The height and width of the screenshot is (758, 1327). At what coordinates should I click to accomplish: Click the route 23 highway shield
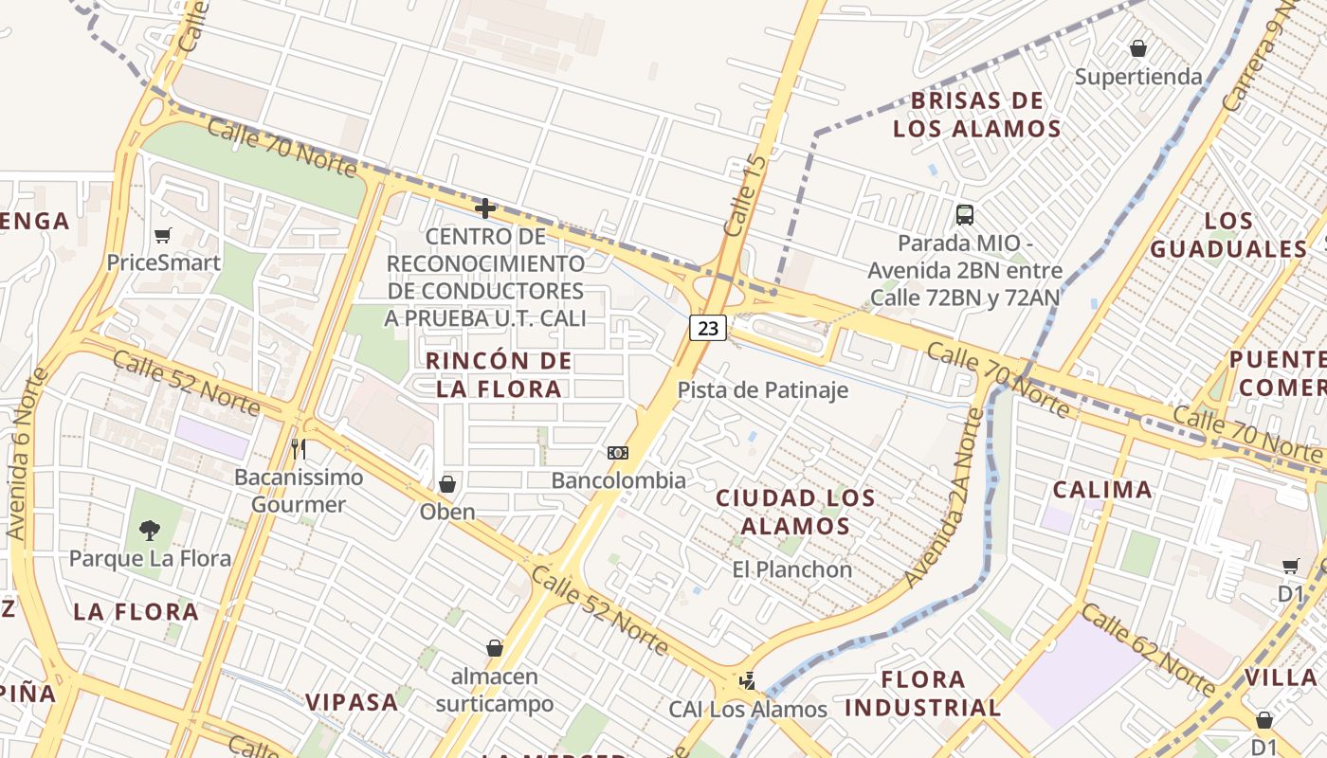(707, 328)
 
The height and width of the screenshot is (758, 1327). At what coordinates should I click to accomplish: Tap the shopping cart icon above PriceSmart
(163, 235)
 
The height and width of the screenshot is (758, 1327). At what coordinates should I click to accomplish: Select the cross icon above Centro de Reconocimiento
(485, 208)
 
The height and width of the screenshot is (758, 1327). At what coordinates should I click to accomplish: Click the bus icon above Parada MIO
(965, 215)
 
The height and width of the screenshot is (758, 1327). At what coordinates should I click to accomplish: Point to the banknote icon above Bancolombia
(618, 453)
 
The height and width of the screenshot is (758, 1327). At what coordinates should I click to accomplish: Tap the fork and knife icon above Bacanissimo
(299, 448)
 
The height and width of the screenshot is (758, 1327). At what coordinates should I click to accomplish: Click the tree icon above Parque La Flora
(149, 531)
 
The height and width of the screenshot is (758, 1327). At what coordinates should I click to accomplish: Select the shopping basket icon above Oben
(447, 484)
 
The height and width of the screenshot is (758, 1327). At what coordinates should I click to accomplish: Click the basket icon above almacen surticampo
(494, 648)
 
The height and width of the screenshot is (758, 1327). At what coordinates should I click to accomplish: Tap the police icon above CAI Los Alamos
(749, 680)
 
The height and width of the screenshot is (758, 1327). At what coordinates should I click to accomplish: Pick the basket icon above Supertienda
(1138, 47)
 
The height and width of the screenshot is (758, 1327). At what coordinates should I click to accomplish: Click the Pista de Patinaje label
(762, 389)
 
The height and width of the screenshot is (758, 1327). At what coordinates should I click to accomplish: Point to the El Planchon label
(791, 569)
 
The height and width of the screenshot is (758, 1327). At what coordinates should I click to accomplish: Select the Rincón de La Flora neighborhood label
(499, 374)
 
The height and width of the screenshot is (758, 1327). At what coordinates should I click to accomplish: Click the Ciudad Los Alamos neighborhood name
(795, 512)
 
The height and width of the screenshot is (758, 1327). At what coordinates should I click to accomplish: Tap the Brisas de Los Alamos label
(976, 115)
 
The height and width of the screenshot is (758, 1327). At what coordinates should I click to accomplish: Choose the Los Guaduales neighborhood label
(1228, 235)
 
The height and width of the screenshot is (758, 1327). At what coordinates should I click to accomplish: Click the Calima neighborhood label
(1103, 490)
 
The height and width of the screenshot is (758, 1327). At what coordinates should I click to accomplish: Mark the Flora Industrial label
(922, 694)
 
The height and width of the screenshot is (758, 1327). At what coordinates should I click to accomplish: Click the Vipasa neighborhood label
(352, 702)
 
